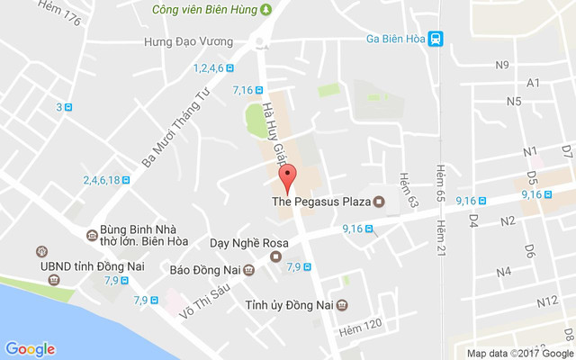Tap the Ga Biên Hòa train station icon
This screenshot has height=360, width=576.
[x=436, y=38]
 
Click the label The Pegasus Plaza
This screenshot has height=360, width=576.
[x=321, y=202]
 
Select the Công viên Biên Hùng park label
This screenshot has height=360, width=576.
[x=212, y=10]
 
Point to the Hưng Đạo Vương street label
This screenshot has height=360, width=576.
[x=188, y=42]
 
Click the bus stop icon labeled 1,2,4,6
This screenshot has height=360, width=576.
[x=231, y=68]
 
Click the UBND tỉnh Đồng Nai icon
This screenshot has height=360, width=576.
[x=40, y=252]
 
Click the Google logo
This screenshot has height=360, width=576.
[x=31, y=349]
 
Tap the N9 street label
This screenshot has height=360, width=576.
[x=502, y=64]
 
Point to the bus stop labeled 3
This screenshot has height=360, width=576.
[x=68, y=108]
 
